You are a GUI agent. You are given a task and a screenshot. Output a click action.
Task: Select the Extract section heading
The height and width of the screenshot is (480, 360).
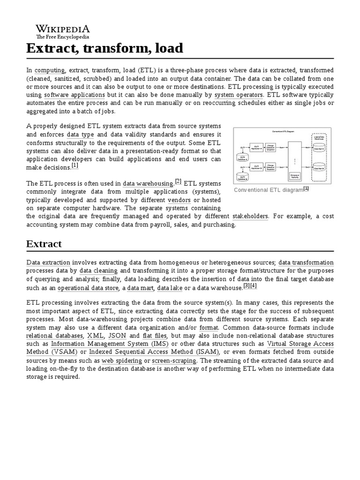pyautogui.click(x=44, y=244)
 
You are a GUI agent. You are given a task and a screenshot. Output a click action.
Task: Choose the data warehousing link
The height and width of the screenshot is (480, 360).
pyautogui.click(x=148, y=184)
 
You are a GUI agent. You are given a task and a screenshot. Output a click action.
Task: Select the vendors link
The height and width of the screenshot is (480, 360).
pyautogui.click(x=179, y=201)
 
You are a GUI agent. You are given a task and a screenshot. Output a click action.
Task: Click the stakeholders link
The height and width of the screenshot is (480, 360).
pyautogui.click(x=250, y=217)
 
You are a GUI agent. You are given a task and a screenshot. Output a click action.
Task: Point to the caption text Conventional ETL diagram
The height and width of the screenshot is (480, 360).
pyautogui.click(x=269, y=190)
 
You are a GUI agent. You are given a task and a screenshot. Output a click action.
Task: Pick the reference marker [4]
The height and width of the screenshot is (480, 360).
pyautogui.click(x=254, y=286)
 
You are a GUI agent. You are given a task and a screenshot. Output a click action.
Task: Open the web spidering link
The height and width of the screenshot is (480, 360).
pyautogui.click(x=122, y=361)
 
